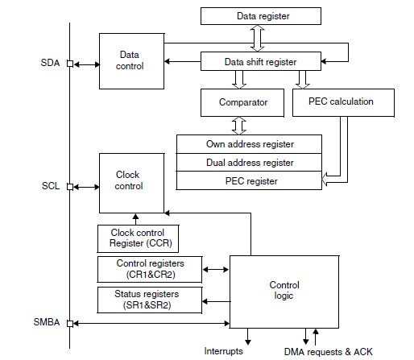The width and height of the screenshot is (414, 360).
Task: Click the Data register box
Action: tap(261, 16)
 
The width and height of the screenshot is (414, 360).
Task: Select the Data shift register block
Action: tap(261, 61)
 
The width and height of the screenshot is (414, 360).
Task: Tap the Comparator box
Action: tap(242, 102)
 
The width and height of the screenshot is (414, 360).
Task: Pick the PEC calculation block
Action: tap(343, 102)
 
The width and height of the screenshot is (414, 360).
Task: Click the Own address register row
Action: tap(249, 144)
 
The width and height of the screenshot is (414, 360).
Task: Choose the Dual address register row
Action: tap(249, 163)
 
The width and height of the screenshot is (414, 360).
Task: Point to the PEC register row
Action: tap(249, 180)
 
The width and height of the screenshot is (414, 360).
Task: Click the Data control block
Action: tap(131, 61)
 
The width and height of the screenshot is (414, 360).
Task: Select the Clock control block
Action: tap(131, 184)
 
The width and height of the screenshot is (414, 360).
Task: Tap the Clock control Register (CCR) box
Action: tap(138, 238)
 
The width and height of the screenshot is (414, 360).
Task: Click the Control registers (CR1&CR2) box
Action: tap(150, 269)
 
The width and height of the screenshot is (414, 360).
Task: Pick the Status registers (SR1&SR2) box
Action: tap(150, 300)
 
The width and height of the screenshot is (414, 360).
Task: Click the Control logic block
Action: tap(284, 292)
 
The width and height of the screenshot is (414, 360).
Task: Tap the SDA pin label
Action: tap(50, 63)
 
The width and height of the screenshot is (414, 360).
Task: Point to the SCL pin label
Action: tap(51, 186)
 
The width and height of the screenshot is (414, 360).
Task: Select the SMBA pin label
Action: tap(47, 322)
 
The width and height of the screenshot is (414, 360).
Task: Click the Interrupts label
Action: tap(223, 351)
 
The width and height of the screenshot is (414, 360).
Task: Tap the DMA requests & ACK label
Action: tap(329, 352)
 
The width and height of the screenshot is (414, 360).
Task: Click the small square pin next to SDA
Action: tap(70, 64)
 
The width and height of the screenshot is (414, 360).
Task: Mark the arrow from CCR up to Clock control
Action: tap(136, 219)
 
